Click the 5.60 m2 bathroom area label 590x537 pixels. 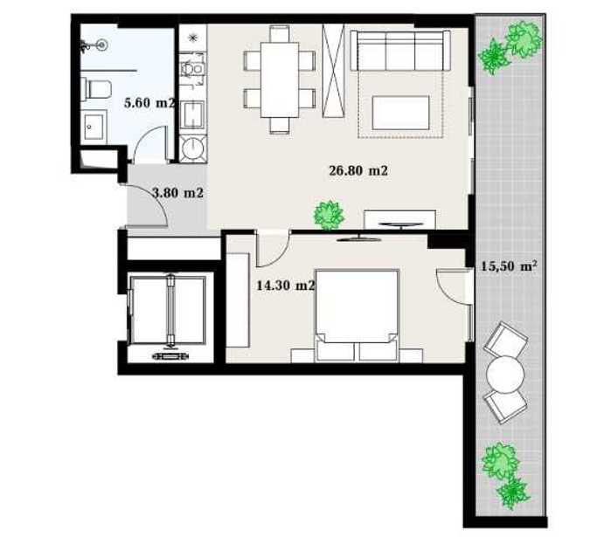click(149, 102)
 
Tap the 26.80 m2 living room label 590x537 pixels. click(358, 171)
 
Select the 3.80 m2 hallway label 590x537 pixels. click(177, 193)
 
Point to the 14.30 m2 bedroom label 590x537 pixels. click(285, 286)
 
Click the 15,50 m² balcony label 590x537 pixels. click(509, 266)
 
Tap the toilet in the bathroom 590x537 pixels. click(97, 89)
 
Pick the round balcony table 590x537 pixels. click(505, 375)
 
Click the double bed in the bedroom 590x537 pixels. click(357, 316)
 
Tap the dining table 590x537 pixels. click(280, 79)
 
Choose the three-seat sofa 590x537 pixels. click(400, 51)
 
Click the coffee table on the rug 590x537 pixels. click(400, 113)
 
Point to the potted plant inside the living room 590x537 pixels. click(329, 216)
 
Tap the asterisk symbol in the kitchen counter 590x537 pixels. click(193, 38)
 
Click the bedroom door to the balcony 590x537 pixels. click(454, 287)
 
